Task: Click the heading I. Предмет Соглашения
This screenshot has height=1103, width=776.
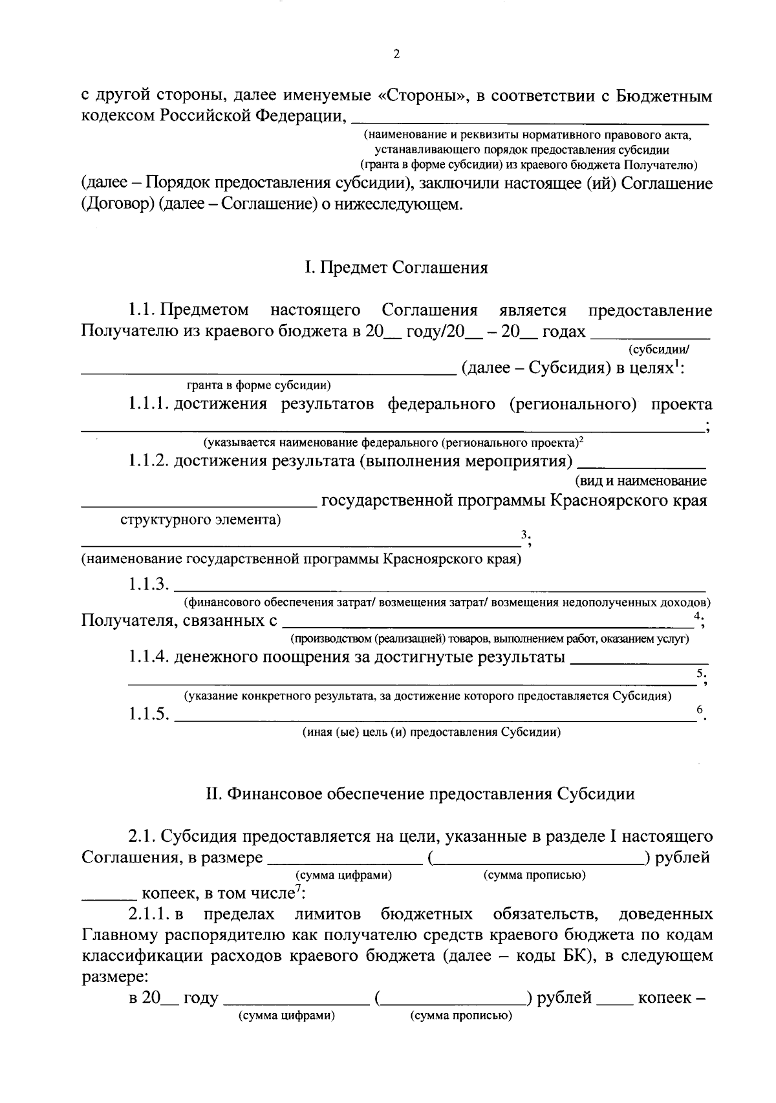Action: click(396, 268)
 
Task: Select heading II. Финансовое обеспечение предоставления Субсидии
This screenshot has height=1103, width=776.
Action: click(420, 794)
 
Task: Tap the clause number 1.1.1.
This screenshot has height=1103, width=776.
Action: click(149, 405)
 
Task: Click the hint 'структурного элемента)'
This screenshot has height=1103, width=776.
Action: click(201, 520)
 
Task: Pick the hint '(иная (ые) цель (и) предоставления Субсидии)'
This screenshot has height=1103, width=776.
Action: click(431, 733)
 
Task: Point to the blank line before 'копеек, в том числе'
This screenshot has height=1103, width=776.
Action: click(108, 897)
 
